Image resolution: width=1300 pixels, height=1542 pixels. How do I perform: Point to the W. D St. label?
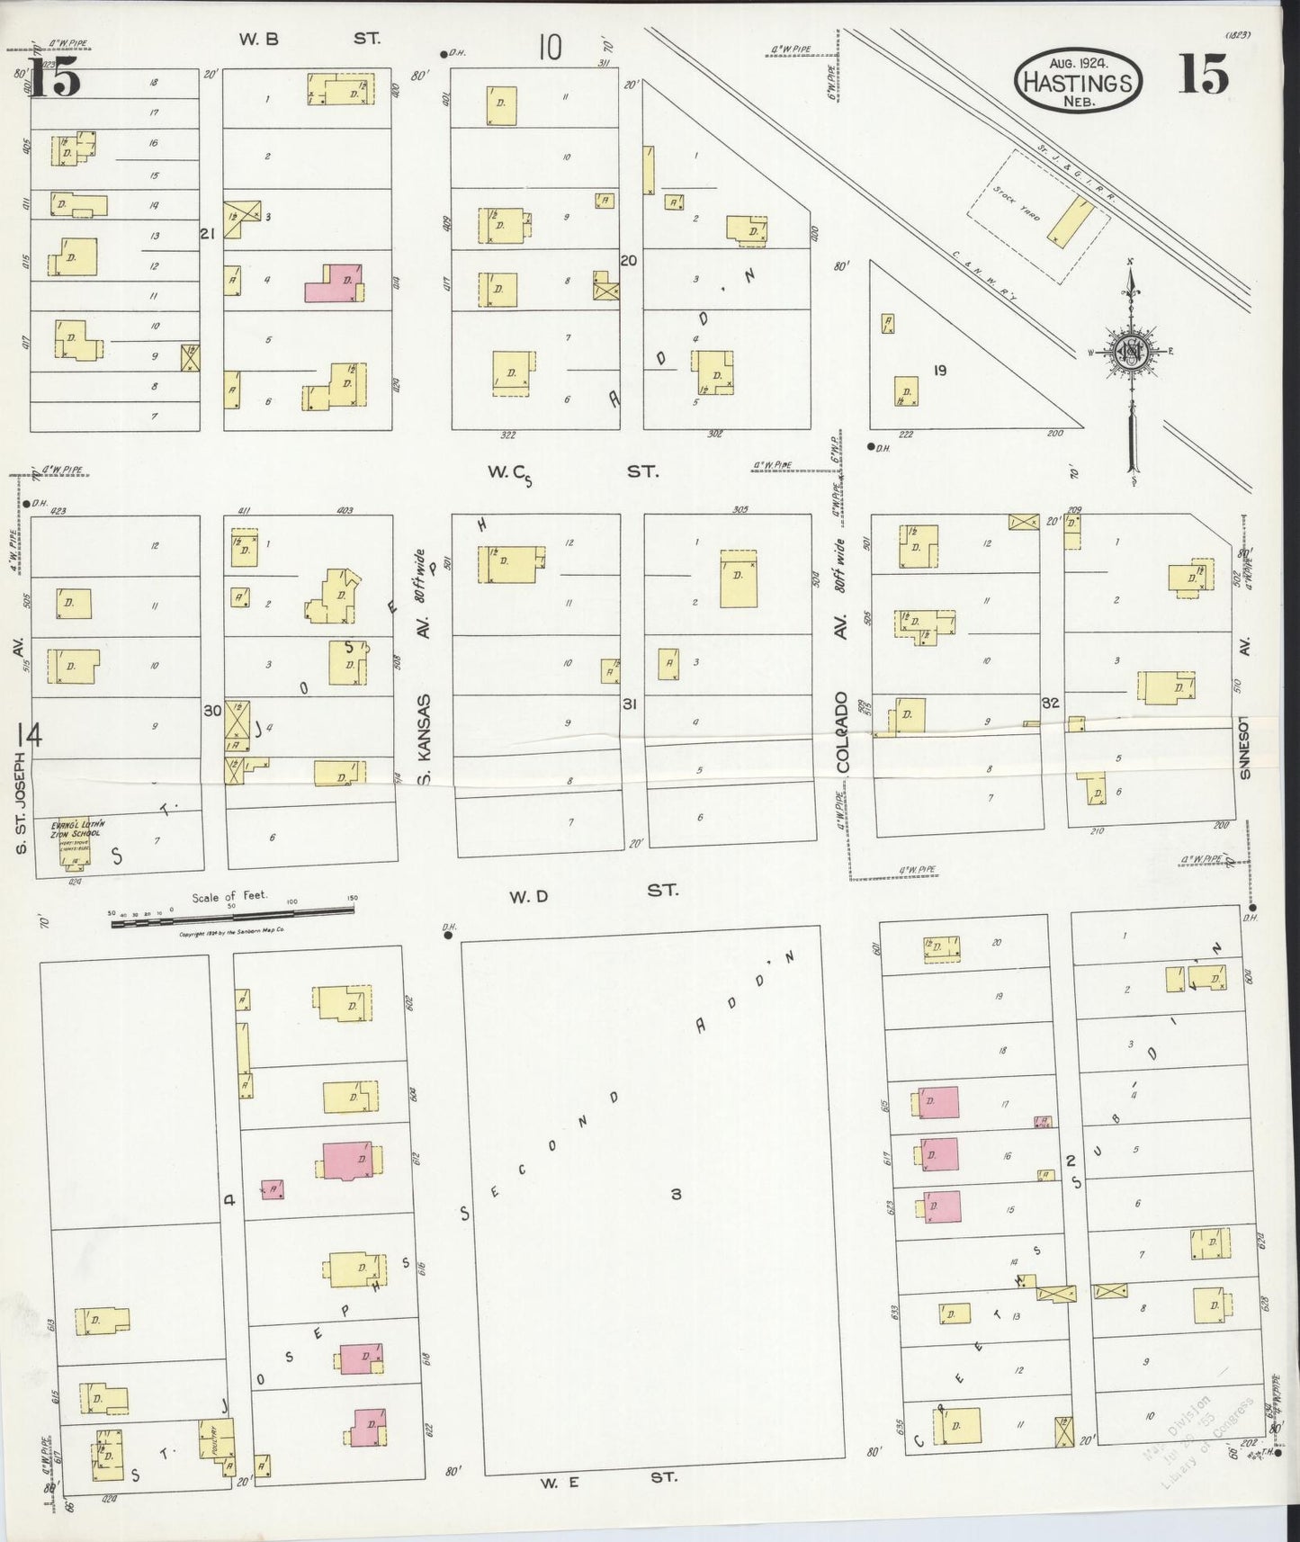point(594,891)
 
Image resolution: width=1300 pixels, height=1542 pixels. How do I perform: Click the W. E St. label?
point(608,1476)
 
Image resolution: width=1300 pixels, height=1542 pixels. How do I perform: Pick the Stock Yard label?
point(1018,202)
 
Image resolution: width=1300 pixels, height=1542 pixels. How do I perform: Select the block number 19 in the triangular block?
point(939,370)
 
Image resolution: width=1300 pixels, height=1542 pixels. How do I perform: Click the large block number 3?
point(675,1194)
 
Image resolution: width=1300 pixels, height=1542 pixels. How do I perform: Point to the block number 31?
point(630,704)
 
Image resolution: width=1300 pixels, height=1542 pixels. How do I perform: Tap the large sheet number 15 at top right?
point(1203,75)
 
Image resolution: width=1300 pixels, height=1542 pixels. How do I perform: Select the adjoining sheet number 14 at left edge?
point(29,737)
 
